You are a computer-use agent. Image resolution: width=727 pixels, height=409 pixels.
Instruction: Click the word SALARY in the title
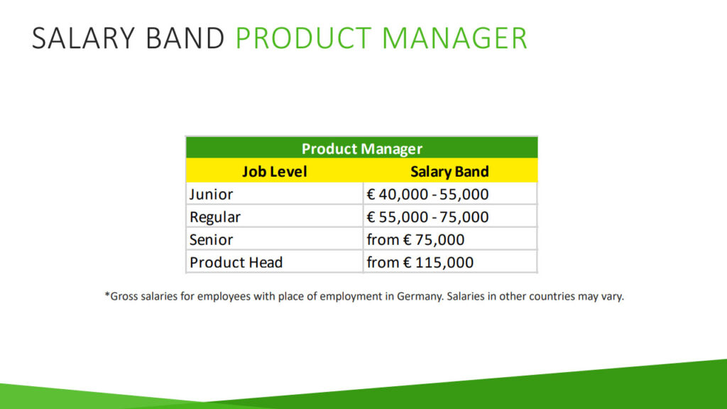click(84, 38)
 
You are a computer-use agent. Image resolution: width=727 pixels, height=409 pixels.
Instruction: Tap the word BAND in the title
click(185, 38)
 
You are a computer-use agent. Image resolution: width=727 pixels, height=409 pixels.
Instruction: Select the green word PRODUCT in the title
click(304, 38)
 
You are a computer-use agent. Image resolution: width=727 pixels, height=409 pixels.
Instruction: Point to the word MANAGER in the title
click(455, 38)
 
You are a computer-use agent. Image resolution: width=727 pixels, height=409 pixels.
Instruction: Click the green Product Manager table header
click(361, 148)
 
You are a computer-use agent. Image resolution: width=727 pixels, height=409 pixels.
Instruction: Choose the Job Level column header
click(275, 172)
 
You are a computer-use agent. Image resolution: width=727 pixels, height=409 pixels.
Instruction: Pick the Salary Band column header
click(449, 172)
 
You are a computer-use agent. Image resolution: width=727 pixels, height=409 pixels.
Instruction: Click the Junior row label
click(211, 194)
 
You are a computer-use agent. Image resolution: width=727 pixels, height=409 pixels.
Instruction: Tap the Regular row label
click(215, 217)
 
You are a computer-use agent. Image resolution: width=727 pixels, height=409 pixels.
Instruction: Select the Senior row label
click(211, 240)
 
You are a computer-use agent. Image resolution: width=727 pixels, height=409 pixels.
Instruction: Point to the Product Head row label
click(236, 263)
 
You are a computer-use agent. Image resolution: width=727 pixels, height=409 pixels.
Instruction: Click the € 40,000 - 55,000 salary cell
click(427, 195)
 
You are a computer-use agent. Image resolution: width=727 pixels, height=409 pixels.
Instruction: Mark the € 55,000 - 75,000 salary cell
click(427, 217)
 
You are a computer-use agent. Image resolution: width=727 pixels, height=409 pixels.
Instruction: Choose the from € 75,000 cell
click(415, 240)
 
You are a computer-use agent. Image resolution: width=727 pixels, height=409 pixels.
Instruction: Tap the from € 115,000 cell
click(420, 263)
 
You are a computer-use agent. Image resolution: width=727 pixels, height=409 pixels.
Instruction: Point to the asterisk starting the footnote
click(107, 294)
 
